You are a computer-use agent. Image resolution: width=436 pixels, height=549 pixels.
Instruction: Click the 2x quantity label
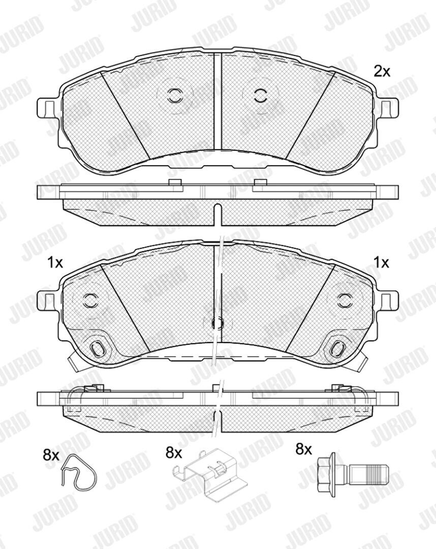[382, 72]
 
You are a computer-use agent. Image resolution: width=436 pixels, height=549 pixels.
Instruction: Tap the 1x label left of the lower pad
[54, 262]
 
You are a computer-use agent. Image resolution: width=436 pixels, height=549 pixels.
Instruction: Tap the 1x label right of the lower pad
[381, 262]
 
